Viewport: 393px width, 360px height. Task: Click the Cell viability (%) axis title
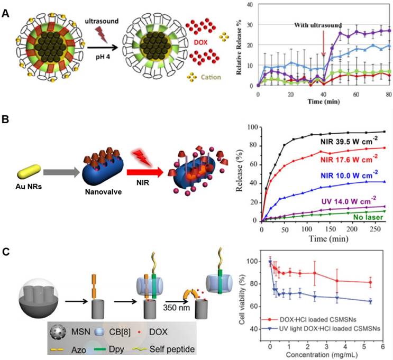click(243, 295)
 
